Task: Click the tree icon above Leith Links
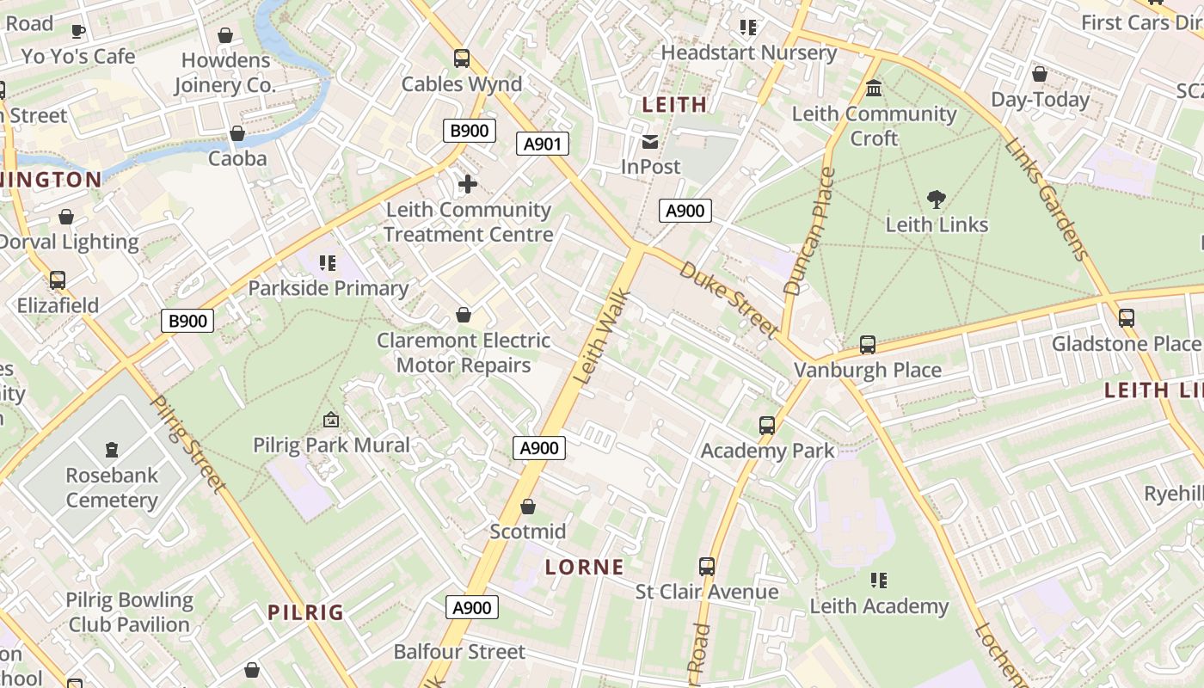click(937, 200)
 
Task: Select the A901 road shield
click(543, 144)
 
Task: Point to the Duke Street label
click(729, 298)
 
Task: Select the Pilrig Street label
click(187, 444)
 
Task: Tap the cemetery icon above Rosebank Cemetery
click(111, 449)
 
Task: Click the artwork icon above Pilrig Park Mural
click(331, 420)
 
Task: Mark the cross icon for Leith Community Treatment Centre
click(468, 184)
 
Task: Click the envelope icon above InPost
click(650, 141)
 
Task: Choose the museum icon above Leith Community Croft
click(875, 89)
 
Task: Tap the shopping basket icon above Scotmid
click(528, 507)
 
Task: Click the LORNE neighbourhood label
click(585, 567)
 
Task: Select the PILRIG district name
click(305, 612)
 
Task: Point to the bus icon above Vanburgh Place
click(868, 345)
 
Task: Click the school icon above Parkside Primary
click(327, 262)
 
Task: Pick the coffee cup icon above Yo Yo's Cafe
click(78, 31)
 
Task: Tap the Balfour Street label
click(459, 652)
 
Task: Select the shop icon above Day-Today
click(1040, 75)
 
